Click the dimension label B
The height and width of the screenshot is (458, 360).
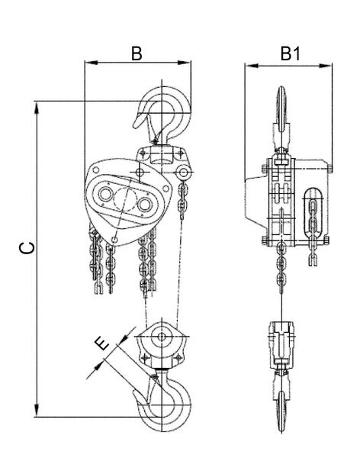(x=137, y=53)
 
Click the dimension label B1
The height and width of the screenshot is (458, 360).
(x=291, y=53)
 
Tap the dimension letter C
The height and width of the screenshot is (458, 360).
(x=27, y=247)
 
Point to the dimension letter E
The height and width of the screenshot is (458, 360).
(x=103, y=343)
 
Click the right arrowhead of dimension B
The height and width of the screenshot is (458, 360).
(x=185, y=63)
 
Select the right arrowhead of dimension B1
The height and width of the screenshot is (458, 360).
(x=326, y=66)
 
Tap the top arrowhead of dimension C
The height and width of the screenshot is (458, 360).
(x=37, y=108)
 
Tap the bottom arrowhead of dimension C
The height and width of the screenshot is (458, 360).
(x=37, y=411)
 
